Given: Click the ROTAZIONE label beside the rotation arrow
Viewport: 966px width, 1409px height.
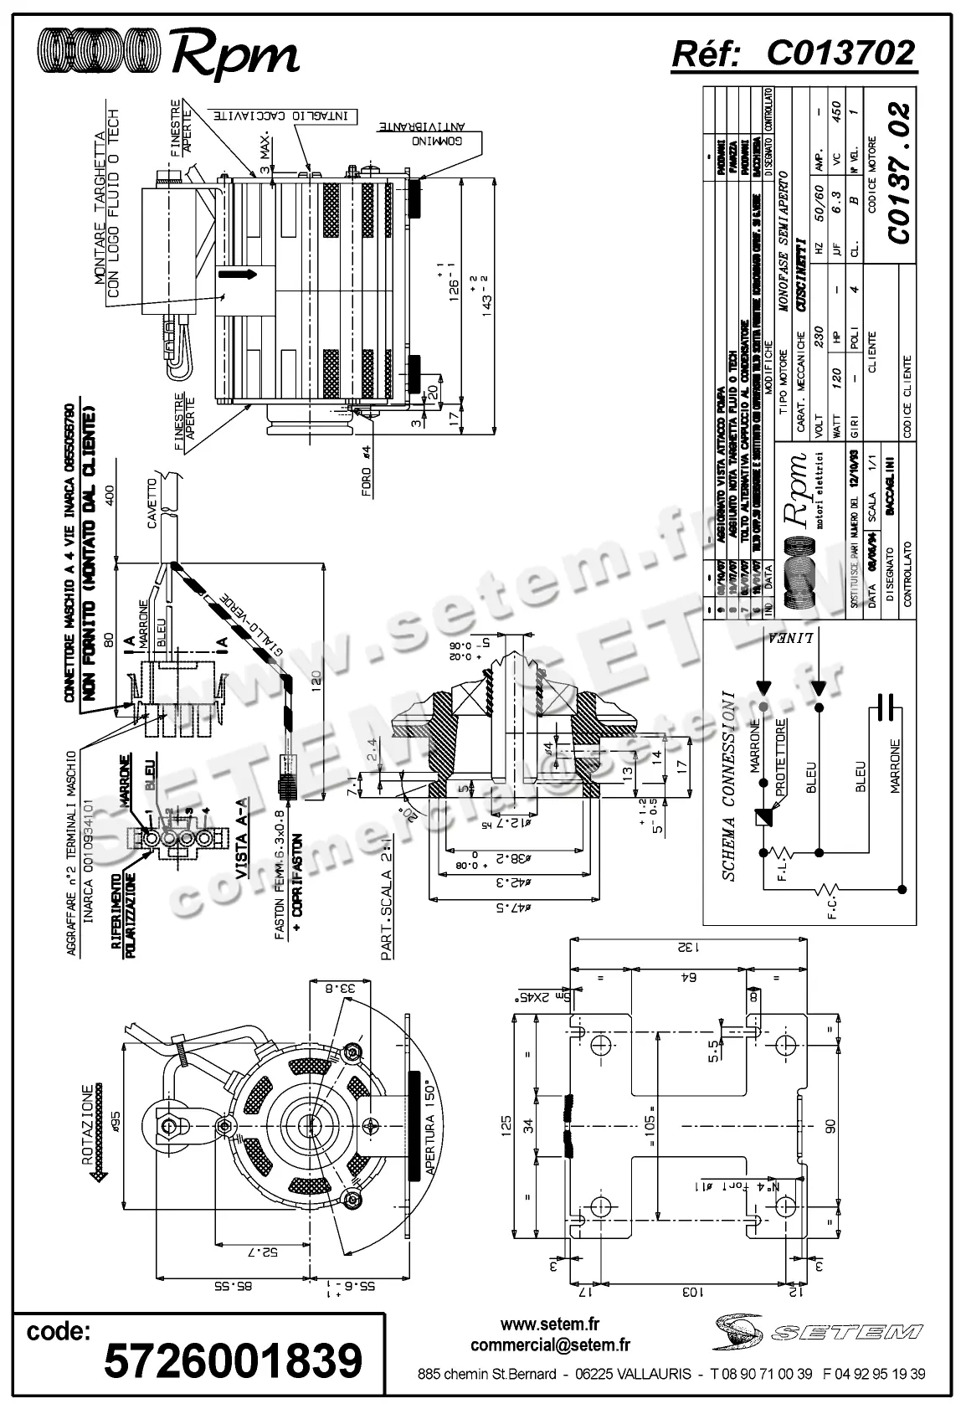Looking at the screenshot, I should (x=88, y=1122).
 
